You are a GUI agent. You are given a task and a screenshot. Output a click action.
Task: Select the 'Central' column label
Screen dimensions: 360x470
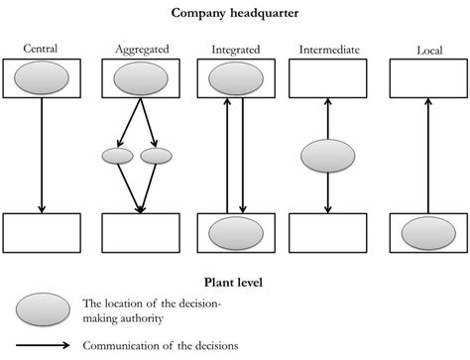(42, 49)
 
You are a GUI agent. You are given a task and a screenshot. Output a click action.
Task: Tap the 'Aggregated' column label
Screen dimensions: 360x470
(141, 49)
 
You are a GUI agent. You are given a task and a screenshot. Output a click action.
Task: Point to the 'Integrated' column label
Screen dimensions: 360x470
(235, 49)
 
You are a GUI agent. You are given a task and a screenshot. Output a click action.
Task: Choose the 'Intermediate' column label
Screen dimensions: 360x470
(327, 49)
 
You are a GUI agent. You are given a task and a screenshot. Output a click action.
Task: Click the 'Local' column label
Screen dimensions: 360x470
(428, 50)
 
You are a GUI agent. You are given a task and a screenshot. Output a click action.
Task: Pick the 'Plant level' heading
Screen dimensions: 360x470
(234, 283)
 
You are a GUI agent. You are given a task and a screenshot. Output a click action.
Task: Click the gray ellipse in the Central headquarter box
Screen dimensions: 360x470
(42, 76)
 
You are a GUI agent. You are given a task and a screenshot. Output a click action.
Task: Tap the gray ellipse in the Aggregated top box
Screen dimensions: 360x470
(141, 76)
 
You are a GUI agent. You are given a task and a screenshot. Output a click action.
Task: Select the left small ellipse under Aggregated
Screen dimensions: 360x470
(118, 156)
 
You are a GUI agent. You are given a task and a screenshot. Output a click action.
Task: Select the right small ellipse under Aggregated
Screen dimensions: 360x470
(156, 156)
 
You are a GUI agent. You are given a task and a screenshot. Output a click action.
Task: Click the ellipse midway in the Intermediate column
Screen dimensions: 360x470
(327, 157)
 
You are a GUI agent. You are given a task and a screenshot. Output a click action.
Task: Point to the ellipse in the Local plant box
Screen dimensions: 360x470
(428, 234)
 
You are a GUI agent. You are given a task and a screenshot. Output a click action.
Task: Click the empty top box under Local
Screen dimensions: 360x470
(428, 77)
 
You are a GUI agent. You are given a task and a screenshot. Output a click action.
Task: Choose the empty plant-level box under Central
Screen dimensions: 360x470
(42, 233)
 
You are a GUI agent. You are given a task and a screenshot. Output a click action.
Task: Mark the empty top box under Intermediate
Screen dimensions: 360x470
(327, 77)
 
